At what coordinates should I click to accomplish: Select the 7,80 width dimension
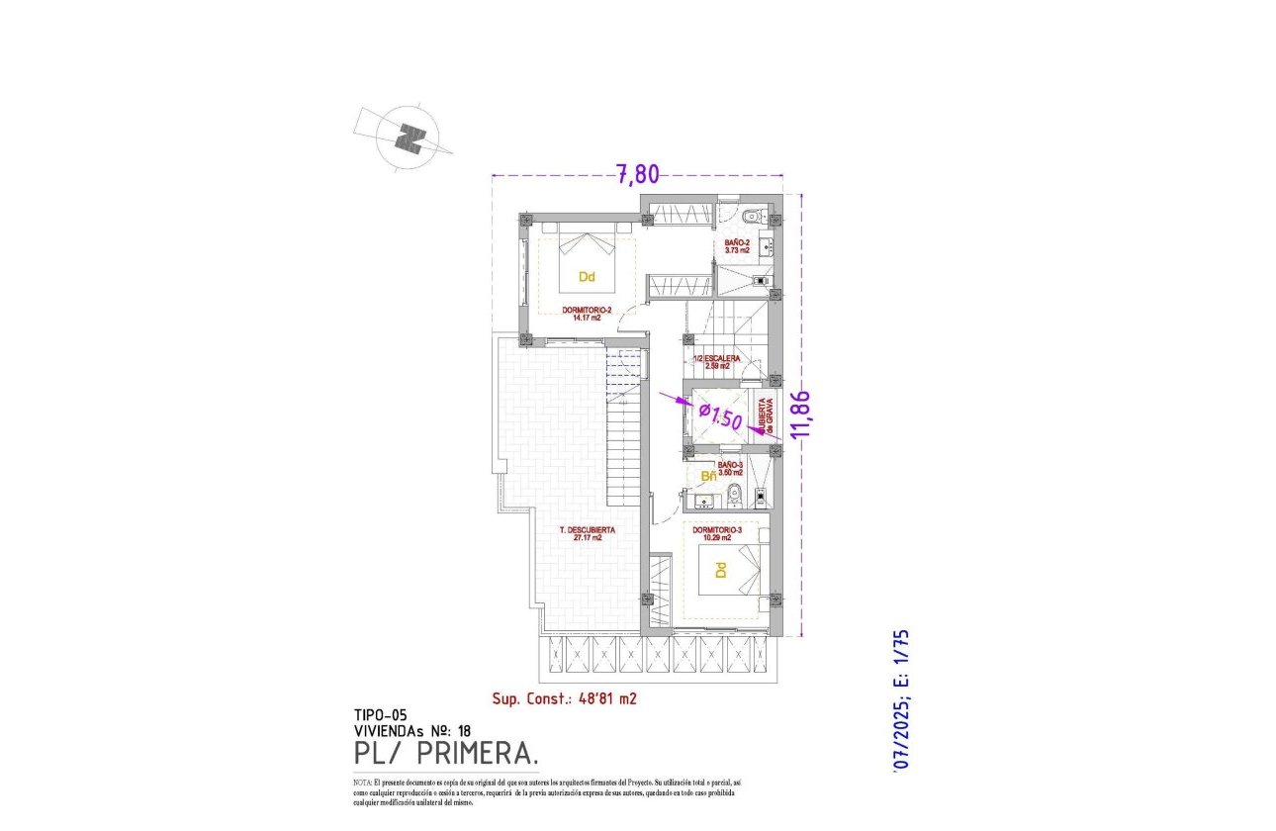(x=637, y=175)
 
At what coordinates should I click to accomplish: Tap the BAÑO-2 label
(x=737, y=246)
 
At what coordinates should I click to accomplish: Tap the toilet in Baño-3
(x=733, y=494)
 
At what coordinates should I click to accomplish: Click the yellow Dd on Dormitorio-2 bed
(x=587, y=276)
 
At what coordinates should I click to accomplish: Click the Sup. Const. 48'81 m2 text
(x=564, y=698)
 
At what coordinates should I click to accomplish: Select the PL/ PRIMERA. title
(x=446, y=755)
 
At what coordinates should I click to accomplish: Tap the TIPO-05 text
(x=380, y=714)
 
